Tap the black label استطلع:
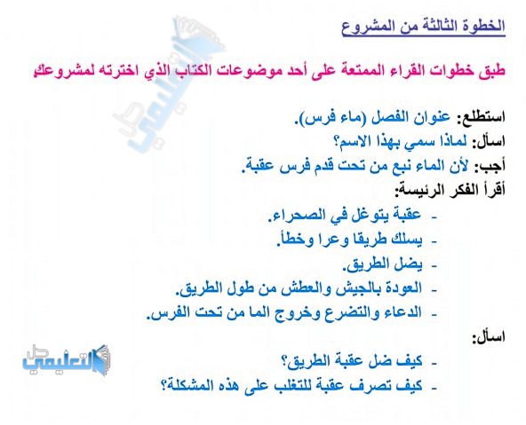click(x=482, y=117)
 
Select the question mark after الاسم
click(x=337, y=142)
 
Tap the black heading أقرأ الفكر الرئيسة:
click(x=450, y=191)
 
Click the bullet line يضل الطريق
click(x=382, y=264)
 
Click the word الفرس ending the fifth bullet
click(x=163, y=313)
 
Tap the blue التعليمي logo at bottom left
click(x=66, y=361)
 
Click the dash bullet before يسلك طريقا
click(x=434, y=241)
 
